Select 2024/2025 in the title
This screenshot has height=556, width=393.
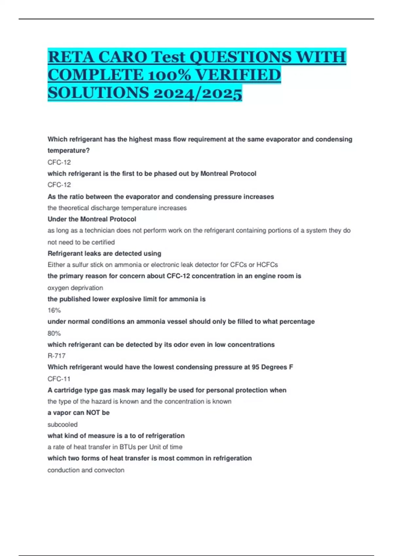click(x=197, y=93)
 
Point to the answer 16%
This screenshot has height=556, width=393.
click(x=54, y=310)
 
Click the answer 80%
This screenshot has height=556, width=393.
click(x=54, y=333)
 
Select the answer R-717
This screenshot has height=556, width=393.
click(x=57, y=356)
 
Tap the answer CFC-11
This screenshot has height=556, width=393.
click(x=59, y=379)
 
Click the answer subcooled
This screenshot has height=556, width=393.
click(x=63, y=425)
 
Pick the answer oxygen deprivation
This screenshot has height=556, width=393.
click(x=75, y=288)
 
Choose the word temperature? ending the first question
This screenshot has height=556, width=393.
click(x=68, y=150)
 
